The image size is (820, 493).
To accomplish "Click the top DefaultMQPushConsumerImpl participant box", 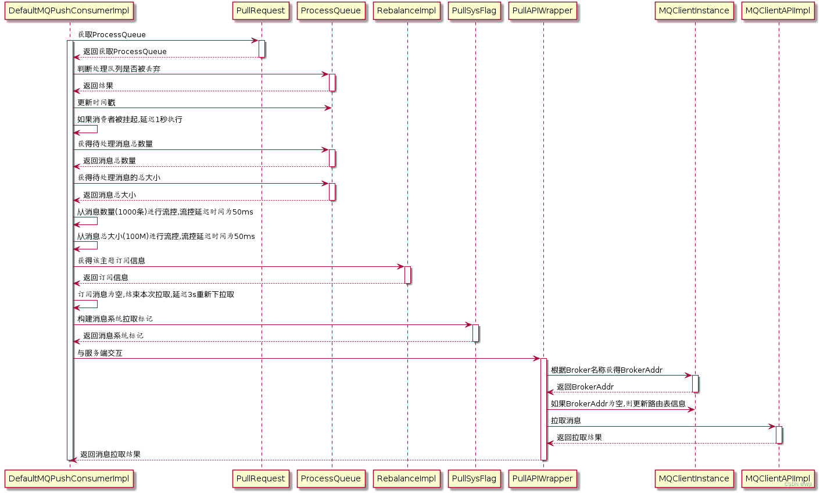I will (x=69, y=10).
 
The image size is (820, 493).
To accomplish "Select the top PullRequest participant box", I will (x=261, y=10).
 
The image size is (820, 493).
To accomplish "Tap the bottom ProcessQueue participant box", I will (x=331, y=478).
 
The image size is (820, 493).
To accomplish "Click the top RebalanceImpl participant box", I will (x=407, y=10).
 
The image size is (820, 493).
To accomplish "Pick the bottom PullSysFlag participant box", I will (x=474, y=478).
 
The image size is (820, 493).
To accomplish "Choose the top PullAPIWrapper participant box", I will (x=543, y=10).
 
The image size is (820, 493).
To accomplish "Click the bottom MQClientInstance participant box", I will (x=694, y=478).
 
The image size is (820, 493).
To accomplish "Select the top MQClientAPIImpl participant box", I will (x=778, y=10).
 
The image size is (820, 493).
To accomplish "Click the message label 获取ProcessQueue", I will (x=112, y=35).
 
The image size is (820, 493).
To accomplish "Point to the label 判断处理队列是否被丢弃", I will (x=119, y=69).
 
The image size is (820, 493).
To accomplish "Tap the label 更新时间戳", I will (x=96, y=102).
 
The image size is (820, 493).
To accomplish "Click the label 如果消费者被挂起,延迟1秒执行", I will (x=130, y=119).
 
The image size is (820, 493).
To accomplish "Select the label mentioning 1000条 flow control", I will (x=165, y=212).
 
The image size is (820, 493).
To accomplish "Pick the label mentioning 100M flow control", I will (x=166, y=236).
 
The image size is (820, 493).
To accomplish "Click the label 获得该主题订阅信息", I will (x=112, y=260).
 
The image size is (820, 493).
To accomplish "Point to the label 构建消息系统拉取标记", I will (x=115, y=319).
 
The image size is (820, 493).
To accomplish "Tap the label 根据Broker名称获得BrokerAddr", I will (x=606, y=370).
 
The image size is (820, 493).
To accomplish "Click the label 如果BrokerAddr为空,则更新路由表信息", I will (x=618, y=403).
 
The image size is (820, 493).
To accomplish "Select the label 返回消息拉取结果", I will (x=110, y=454).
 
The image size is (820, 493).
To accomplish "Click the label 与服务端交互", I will (x=100, y=353).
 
